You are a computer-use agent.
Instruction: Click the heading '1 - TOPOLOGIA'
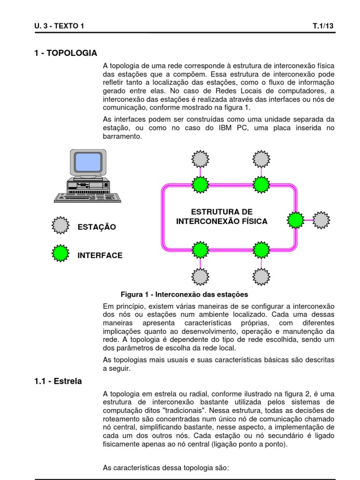tap(66, 52)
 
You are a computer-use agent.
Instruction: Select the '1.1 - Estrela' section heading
tap(58, 381)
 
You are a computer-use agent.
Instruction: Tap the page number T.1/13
tap(323, 26)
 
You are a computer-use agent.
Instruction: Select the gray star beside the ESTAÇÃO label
tap(60, 225)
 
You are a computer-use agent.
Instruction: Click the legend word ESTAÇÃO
tap(97, 227)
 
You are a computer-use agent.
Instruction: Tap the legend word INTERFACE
tap(100, 255)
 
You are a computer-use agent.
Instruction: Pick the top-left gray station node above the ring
tap(200, 159)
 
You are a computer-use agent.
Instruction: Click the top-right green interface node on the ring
tap(260, 184)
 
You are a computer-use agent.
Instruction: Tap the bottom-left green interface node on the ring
tap(200, 249)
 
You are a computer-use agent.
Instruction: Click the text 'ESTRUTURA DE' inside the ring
tap(222, 211)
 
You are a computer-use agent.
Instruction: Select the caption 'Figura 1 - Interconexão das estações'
tap(184, 294)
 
